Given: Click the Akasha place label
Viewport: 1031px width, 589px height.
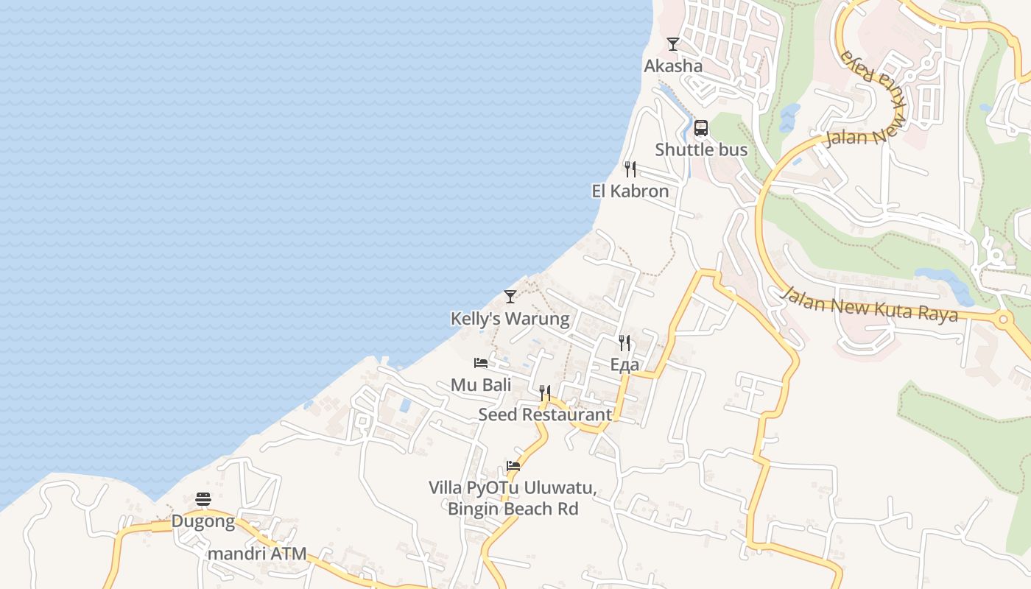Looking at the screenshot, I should click(x=673, y=66).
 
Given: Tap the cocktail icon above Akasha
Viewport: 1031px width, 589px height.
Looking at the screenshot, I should click(x=673, y=44).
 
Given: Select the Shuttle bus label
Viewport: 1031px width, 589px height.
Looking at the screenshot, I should click(x=701, y=149).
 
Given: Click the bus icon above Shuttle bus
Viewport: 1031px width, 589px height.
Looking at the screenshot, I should click(x=701, y=128).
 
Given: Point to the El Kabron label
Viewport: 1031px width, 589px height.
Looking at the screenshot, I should click(x=630, y=191).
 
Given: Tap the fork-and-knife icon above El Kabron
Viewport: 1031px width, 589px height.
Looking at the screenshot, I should click(x=630, y=169).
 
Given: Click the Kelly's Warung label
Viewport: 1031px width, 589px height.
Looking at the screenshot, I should click(x=510, y=319).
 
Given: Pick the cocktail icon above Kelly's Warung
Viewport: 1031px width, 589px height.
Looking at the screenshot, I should click(x=510, y=297).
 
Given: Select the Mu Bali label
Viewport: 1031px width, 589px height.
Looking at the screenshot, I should click(x=481, y=384).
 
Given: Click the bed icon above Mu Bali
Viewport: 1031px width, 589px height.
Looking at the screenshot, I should click(x=481, y=363).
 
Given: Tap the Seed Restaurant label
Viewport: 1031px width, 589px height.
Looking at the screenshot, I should click(x=545, y=415).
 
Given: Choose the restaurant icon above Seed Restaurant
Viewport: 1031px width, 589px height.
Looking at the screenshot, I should click(x=545, y=393).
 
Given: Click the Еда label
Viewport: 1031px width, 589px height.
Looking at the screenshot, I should click(x=624, y=364).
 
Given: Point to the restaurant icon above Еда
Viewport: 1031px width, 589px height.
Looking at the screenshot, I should click(x=624, y=343).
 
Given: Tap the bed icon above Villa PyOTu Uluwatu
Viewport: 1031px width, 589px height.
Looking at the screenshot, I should click(x=513, y=466).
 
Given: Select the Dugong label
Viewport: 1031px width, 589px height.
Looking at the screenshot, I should click(x=203, y=521).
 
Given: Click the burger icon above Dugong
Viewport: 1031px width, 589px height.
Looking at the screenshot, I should click(x=203, y=500).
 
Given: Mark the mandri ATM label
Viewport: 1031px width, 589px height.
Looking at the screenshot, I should click(x=257, y=554).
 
